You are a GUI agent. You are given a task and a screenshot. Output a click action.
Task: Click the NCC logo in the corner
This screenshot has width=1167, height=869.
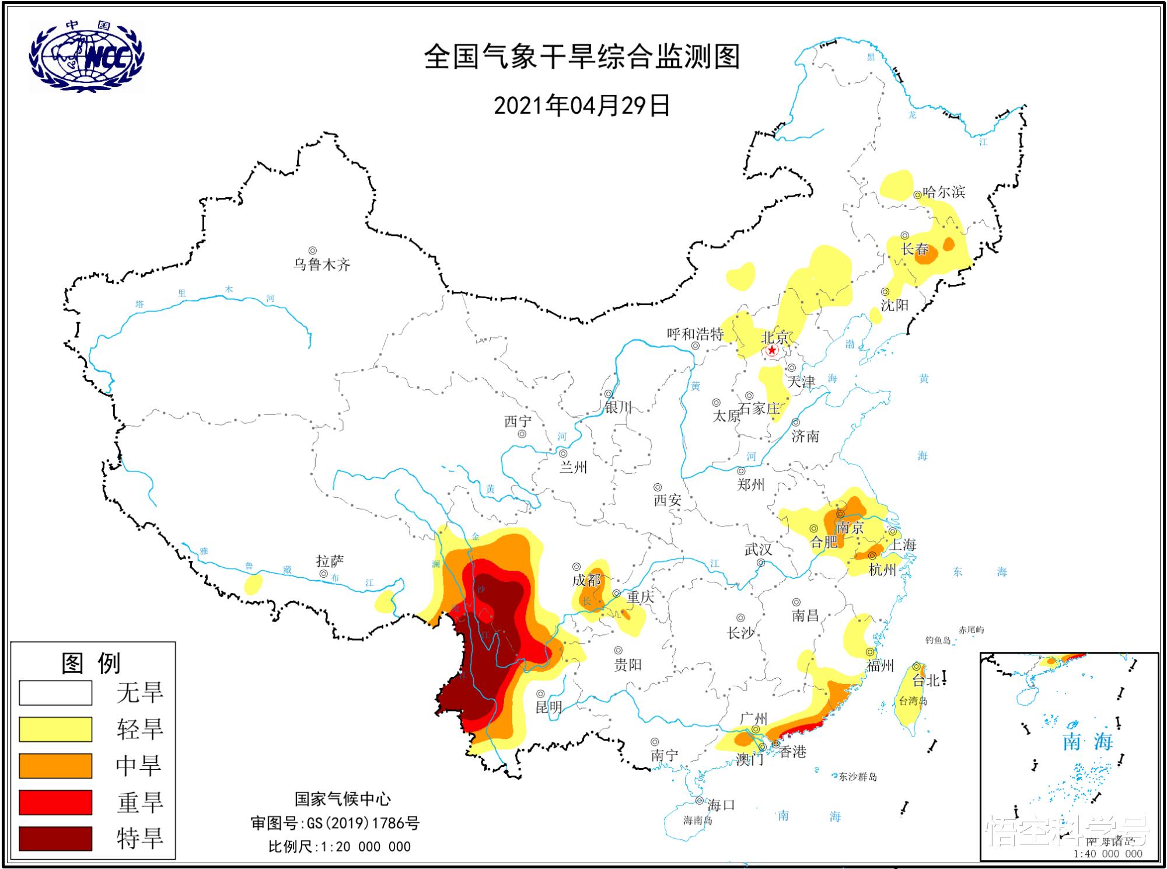click(86, 56)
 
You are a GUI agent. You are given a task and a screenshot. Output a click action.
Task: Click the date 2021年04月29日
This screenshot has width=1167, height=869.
click(582, 106)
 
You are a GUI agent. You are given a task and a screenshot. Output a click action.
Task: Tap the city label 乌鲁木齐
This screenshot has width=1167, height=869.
click(322, 265)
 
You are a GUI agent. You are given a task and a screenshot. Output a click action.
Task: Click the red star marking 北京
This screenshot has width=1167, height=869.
click(771, 350)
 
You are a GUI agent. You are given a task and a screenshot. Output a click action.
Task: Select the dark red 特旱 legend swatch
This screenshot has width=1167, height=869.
click(55, 838)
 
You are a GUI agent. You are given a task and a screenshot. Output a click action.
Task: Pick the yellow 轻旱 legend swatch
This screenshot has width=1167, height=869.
click(55, 729)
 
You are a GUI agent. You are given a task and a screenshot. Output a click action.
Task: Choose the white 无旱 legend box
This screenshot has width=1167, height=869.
click(55, 693)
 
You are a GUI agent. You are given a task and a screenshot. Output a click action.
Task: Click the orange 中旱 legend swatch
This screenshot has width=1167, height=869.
click(55, 765)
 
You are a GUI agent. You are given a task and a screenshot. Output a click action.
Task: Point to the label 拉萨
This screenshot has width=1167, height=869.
click(330, 561)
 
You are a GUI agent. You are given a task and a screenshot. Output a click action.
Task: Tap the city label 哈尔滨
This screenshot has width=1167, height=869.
click(944, 191)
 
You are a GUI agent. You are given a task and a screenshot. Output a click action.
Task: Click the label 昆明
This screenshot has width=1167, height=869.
click(548, 707)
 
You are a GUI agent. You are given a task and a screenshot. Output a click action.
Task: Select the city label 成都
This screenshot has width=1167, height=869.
click(586, 580)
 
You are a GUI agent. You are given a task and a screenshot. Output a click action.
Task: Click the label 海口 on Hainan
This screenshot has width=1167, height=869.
click(721, 805)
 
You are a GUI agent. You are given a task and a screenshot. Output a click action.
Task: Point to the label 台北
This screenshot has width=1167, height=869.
click(925, 680)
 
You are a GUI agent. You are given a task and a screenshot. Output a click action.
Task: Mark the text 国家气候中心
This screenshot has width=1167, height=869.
click(343, 799)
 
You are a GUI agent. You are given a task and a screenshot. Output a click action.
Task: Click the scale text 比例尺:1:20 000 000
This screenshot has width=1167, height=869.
click(339, 846)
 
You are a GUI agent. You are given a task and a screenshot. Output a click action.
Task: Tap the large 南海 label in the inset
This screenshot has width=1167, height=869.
click(1088, 742)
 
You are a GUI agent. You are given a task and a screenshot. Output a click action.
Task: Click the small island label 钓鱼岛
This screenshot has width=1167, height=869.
click(938, 640)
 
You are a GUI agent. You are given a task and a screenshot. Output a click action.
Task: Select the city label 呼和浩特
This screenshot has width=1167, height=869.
click(695, 334)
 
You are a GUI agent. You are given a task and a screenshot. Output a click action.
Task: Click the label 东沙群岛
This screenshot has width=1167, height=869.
click(858, 777)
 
